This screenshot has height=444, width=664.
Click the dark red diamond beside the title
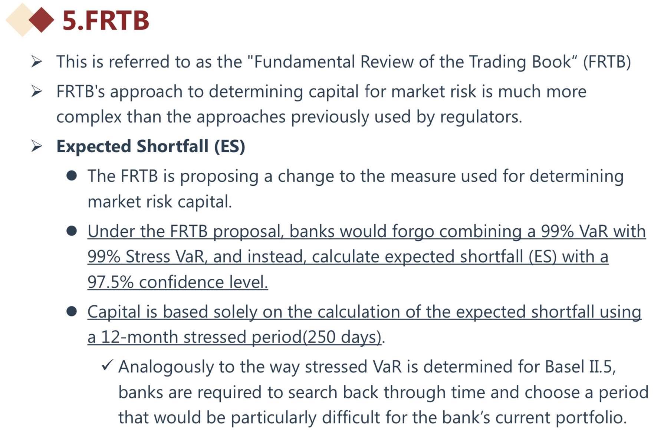coord(42,20)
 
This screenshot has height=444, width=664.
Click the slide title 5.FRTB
coord(106,20)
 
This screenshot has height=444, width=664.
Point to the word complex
coord(89,117)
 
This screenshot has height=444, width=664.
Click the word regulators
coord(481,117)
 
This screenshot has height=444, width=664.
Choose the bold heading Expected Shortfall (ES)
coord(151,146)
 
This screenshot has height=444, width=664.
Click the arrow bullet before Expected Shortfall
coord(37,146)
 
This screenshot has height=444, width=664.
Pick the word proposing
coord(219,176)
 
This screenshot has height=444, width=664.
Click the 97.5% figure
coord(110,282)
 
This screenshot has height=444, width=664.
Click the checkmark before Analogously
coord(107,365)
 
